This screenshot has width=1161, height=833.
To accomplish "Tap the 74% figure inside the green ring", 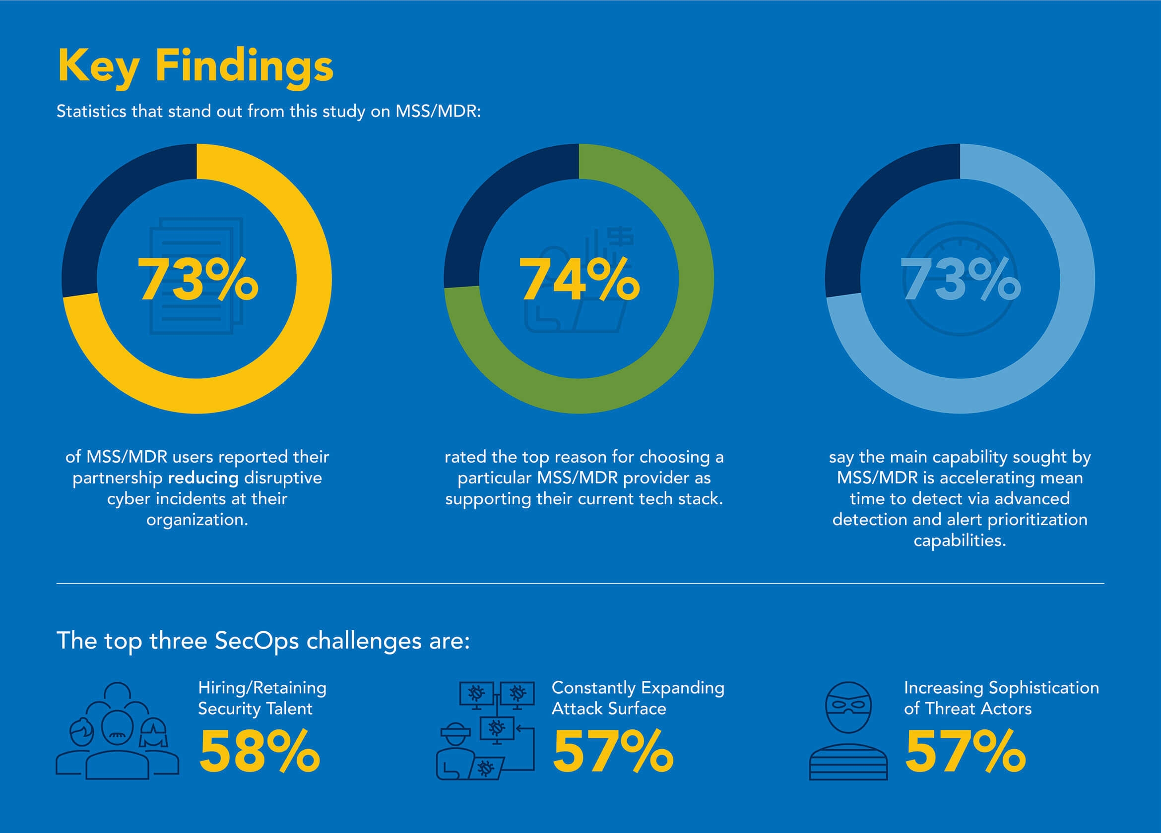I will [x=579, y=279].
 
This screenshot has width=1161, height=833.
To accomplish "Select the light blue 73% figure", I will [x=961, y=279].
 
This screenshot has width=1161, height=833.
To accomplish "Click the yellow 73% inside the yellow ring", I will [x=197, y=279].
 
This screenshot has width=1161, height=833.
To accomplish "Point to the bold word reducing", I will [x=203, y=478].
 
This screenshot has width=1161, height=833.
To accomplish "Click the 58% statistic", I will [x=259, y=751].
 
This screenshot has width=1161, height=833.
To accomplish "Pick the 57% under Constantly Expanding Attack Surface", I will [x=613, y=751].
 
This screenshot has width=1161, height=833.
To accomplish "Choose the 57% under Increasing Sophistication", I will [x=965, y=751].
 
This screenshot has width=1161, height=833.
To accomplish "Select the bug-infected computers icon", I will [x=485, y=731].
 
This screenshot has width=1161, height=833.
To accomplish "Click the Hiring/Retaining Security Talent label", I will [x=262, y=698].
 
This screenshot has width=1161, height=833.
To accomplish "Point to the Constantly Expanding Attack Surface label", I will [x=638, y=698].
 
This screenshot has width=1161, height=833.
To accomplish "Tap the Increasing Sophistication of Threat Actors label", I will [x=1001, y=698].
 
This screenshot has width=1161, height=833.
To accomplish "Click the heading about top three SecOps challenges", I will [x=263, y=641].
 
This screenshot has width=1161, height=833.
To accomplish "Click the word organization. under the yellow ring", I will [x=197, y=520].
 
